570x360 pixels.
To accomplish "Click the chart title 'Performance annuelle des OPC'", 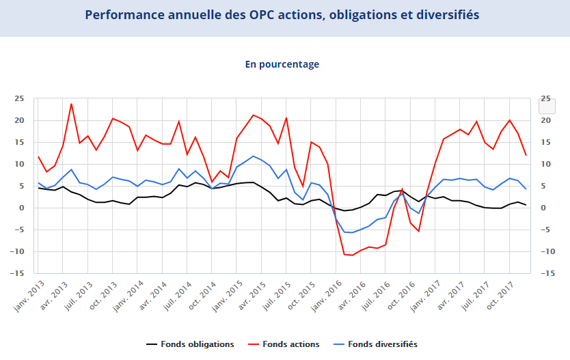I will point(282,15).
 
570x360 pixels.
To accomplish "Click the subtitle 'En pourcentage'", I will point(282,64).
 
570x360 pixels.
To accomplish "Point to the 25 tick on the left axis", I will point(20,98).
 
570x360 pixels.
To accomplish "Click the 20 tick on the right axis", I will point(545,120).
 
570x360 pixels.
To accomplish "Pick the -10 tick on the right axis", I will point(547,251).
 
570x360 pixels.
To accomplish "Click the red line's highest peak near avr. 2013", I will point(71,104).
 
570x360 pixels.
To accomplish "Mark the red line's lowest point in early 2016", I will point(353,255).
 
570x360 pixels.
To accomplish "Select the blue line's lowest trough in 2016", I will point(353,232).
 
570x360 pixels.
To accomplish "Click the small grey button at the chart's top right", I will point(547,106).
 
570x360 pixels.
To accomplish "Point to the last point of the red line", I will point(526,155).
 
